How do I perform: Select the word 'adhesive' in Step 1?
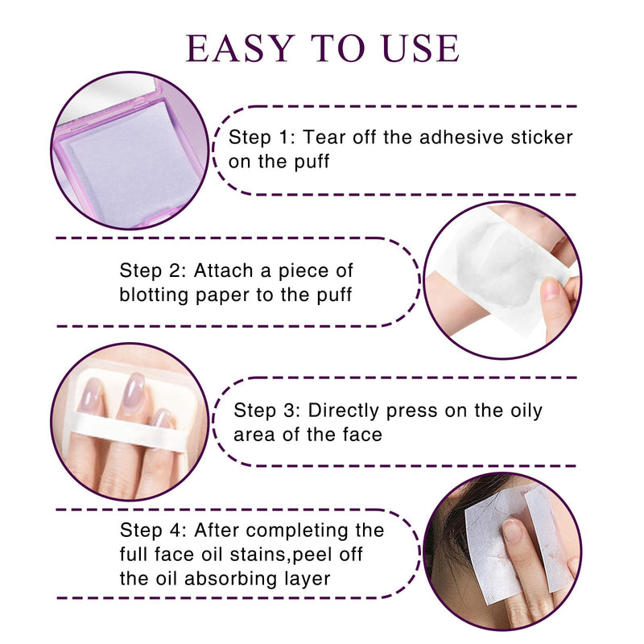[x=460, y=137]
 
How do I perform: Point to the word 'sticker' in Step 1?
[x=542, y=137]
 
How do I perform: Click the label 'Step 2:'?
[x=153, y=270]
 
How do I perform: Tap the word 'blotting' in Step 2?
[x=154, y=295]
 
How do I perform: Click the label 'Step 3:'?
[x=267, y=411]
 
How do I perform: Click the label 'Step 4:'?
[x=153, y=530]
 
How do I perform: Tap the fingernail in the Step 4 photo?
[x=512, y=530]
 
